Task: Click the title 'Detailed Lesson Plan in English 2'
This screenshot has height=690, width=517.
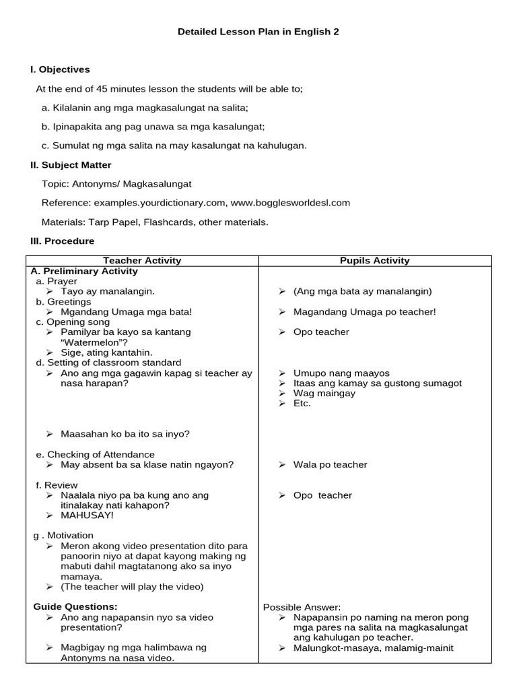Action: point(258,32)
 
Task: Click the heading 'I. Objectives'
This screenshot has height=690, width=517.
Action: point(60,69)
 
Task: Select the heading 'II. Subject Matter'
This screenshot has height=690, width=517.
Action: point(71,165)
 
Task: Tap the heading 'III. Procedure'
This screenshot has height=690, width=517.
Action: point(62,241)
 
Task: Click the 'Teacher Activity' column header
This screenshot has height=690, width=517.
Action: point(142,261)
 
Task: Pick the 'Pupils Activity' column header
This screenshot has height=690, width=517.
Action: point(374,261)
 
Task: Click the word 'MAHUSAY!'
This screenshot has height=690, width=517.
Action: point(87,515)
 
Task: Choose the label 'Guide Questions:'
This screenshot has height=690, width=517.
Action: point(75,606)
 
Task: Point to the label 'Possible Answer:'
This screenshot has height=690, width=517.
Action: point(302,607)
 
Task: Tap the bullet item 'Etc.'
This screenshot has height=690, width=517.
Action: point(302,403)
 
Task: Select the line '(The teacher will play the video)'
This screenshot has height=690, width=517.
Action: point(132,586)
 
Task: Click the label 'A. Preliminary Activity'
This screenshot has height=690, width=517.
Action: point(84,271)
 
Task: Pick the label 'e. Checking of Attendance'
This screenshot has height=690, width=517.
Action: point(95,454)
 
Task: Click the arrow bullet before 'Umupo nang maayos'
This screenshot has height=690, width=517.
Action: point(282,373)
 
